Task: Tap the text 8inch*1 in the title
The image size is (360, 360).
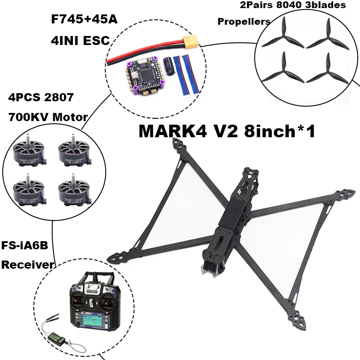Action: pos(279,131)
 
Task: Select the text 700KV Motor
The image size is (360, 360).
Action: pos(48,117)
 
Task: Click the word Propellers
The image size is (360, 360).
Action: pos(244,21)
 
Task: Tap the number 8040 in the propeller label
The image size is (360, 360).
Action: pos(294,5)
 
